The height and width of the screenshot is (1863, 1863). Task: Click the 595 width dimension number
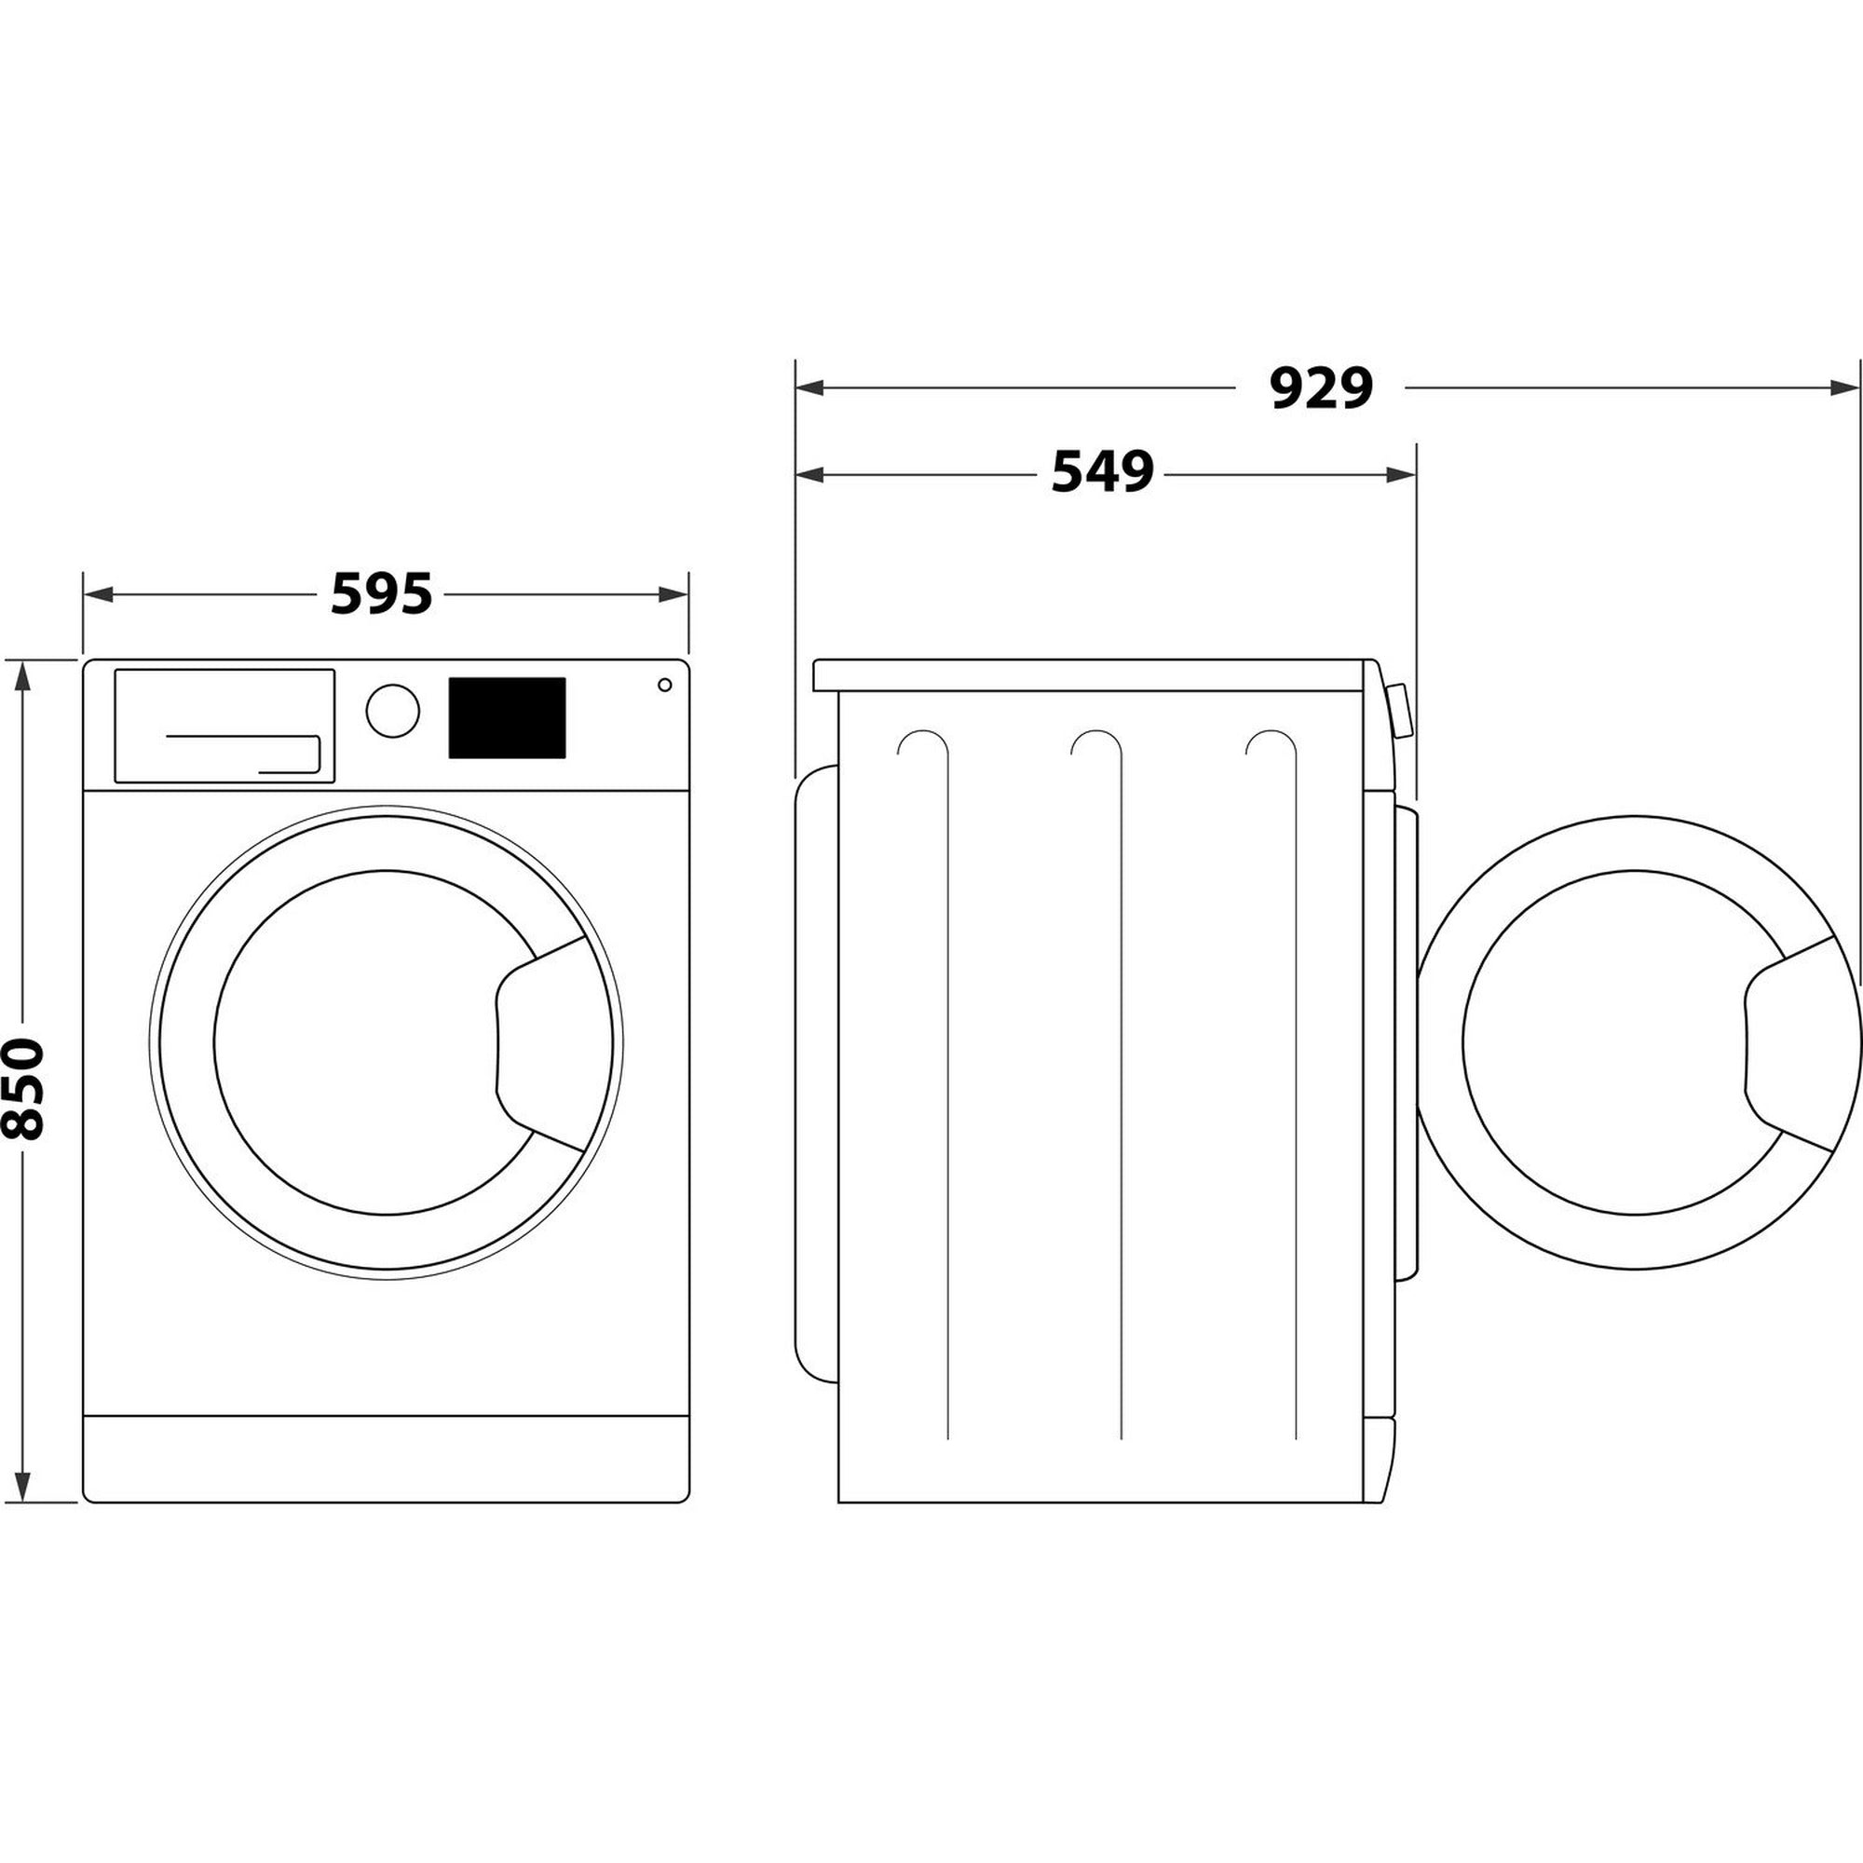tap(381, 594)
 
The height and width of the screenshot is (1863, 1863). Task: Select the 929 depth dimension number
tap(1320, 388)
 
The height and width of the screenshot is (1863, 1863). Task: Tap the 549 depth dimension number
tap(1102, 473)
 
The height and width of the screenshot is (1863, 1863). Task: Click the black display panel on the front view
tap(506, 717)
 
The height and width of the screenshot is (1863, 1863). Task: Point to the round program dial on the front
tap(392, 712)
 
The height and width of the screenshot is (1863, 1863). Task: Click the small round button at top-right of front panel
tap(664, 685)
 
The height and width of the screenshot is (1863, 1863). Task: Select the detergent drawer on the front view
tap(224, 725)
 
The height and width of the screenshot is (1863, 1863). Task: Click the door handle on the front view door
tap(536, 1042)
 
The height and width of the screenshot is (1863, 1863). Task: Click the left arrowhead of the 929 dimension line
tap(808, 388)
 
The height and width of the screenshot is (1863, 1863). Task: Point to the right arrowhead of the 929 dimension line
tap(1842, 388)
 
